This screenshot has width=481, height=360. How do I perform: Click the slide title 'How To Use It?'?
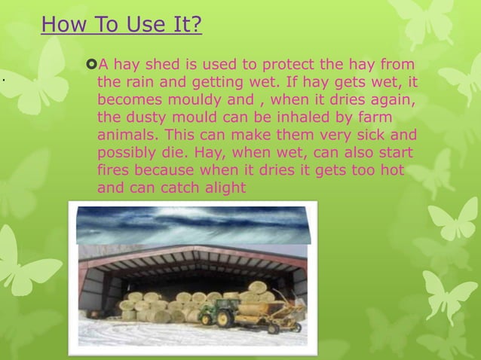coord(121,25)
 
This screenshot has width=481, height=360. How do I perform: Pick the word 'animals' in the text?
coord(125,135)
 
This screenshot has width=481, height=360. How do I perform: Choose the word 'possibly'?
coord(128,152)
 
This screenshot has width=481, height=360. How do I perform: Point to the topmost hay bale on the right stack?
coord(257,287)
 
